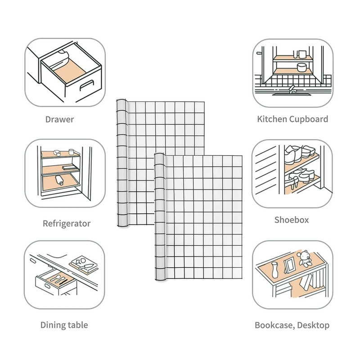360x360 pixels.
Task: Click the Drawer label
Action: (x=59, y=120)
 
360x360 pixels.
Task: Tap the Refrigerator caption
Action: (x=67, y=223)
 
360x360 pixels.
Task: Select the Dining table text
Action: (x=64, y=325)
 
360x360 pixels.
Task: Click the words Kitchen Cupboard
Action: (x=292, y=119)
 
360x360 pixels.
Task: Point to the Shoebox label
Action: (x=292, y=220)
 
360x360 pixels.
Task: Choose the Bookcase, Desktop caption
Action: (x=292, y=325)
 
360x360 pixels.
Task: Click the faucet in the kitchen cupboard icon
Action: (x=292, y=89)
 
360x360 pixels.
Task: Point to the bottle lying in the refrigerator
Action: (x=59, y=181)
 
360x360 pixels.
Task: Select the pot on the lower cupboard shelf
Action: (x=301, y=67)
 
